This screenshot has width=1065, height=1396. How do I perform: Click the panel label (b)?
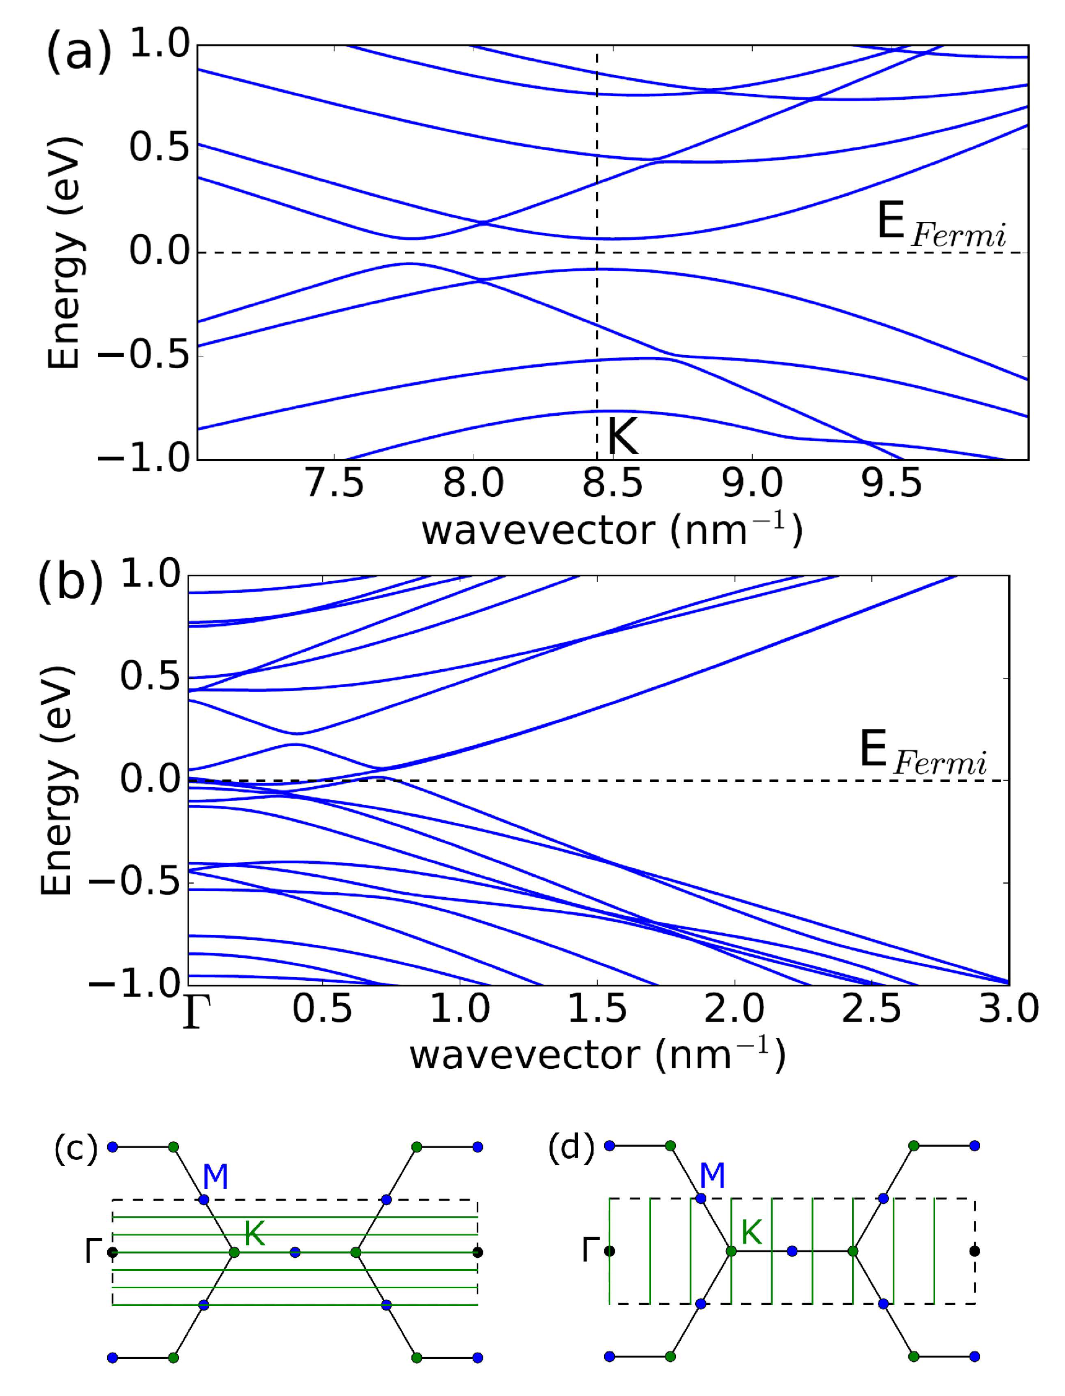[x=70, y=581]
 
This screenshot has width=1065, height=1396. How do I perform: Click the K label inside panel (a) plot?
[x=623, y=437]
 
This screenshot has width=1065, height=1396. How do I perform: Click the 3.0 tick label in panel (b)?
[x=1008, y=1009]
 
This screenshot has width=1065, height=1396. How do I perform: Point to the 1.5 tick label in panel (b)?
[x=597, y=1009]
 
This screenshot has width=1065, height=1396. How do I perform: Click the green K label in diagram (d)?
[x=752, y=1233]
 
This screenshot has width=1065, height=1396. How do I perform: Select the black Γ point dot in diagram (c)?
[x=113, y=1253]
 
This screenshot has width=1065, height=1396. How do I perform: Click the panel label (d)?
[x=571, y=1147]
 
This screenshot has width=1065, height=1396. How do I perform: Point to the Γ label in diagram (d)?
[x=590, y=1252]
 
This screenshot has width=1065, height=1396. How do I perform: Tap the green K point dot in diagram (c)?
[x=234, y=1253]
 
